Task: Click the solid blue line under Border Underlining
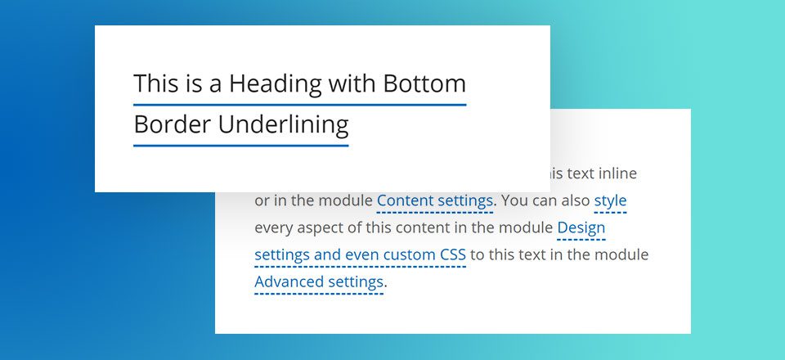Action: [x=240, y=146]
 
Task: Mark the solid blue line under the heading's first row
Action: [x=299, y=105]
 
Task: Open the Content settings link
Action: [x=435, y=200]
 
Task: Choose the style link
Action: [x=610, y=200]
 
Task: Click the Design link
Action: [x=581, y=227]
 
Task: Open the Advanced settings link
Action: [x=319, y=282]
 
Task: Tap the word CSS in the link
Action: [x=452, y=254]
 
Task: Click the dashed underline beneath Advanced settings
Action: [x=319, y=293]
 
